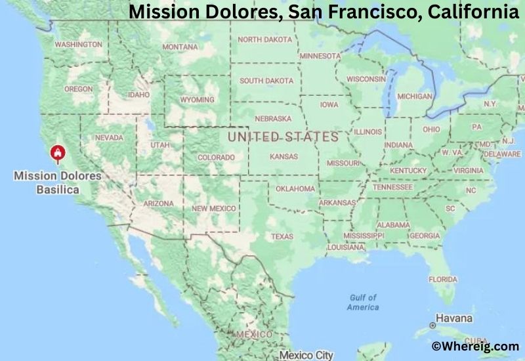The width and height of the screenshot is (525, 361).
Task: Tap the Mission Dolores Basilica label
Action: click(58, 182)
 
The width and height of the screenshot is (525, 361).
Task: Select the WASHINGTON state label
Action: click(78, 45)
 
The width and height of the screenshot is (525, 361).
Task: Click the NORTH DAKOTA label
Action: click(265, 39)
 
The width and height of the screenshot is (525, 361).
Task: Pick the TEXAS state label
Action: click(282, 236)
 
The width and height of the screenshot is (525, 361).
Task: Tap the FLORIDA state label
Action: click(443, 279)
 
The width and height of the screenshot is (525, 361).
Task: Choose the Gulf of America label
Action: click(363, 303)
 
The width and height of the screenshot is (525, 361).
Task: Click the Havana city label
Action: click(454, 318)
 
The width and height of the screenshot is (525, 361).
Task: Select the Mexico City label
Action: click(306, 355)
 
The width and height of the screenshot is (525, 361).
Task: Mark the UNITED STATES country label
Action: click(282, 137)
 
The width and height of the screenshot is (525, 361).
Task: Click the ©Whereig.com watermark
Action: click(475, 346)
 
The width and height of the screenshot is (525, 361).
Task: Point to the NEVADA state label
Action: click(109, 138)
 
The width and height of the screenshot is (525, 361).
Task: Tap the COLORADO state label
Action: click(216, 158)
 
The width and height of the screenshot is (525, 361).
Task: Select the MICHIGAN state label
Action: click(415, 96)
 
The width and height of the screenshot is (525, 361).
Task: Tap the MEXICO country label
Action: click(254, 334)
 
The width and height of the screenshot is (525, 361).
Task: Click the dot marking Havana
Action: click(432, 325)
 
